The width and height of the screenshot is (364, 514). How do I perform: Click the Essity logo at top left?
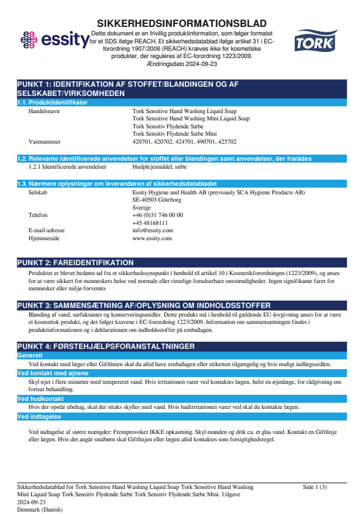pyautogui.click(x=54, y=40)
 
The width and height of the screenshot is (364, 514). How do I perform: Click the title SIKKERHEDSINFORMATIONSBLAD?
pyautogui.click(x=181, y=22)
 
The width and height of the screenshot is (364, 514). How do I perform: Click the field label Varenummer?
pyautogui.click(x=43, y=141)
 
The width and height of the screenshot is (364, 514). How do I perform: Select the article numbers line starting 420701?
pyautogui.click(x=184, y=141)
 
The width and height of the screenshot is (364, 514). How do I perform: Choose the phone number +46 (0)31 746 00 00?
pyautogui.click(x=157, y=215)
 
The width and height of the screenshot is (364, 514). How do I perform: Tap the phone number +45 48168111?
pyautogui.click(x=150, y=223)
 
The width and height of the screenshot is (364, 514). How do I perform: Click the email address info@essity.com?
pyautogui.click(x=152, y=230)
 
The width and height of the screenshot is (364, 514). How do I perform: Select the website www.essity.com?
pyautogui.click(x=152, y=238)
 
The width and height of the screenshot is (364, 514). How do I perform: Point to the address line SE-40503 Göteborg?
pyautogui.click(x=157, y=200)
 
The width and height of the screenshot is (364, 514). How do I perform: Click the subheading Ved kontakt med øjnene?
pyautogui.click(x=53, y=373)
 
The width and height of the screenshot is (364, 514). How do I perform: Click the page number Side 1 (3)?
pyautogui.click(x=315, y=487)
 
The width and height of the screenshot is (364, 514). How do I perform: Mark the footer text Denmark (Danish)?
pyautogui.click(x=40, y=509)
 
